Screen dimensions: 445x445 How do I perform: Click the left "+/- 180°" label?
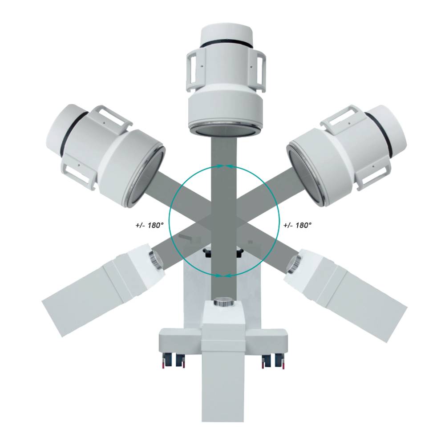click(x=149, y=225)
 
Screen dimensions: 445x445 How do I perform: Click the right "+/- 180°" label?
click(x=298, y=225)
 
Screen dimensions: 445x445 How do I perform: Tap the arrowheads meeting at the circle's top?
click(x=224, y=166)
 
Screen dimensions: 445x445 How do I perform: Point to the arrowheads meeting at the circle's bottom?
click(x=224, y=275)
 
